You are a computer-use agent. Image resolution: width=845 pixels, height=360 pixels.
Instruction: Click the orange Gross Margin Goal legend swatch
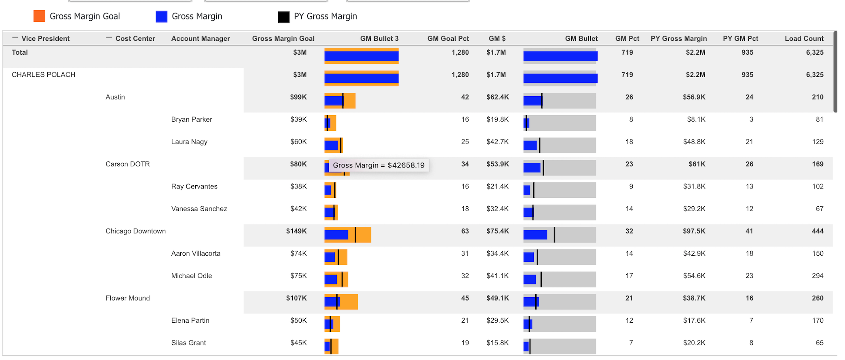coord(39,16)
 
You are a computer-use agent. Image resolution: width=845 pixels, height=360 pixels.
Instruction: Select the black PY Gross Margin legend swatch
coord(283,17)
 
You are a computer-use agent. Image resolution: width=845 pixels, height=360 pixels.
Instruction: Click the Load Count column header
coord(804,38)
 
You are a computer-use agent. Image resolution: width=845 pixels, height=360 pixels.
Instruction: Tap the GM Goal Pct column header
coord(448,38)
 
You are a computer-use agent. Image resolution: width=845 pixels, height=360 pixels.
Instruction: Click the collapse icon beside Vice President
coord(15,38)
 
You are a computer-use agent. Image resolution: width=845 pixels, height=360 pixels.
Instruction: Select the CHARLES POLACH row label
coord(43,75)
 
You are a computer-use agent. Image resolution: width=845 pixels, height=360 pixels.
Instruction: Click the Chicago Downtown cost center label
coord(135,231)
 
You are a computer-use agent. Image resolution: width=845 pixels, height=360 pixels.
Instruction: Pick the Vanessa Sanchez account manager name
coord(199,209)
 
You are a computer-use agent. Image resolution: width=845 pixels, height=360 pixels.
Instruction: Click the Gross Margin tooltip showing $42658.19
coord(378,165)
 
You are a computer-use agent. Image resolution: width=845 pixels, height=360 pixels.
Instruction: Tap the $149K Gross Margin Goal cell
coord(296,231)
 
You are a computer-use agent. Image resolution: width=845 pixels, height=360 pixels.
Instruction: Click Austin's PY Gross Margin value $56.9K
coord(694,97)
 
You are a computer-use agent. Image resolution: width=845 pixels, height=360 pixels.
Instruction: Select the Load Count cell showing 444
coord(817,231)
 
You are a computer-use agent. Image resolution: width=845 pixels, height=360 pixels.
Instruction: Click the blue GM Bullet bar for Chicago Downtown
coord(535,235)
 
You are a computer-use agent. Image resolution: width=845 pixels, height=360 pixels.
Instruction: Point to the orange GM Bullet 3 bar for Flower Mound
coord(349,302)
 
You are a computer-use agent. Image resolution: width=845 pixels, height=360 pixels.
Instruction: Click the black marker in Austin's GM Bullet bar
coord(542,101)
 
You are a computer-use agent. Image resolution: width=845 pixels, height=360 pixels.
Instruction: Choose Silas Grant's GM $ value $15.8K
coord(497,343)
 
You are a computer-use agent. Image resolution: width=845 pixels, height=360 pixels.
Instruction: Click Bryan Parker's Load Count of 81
coord(819,119)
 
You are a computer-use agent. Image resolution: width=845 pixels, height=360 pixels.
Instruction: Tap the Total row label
coord(20,53)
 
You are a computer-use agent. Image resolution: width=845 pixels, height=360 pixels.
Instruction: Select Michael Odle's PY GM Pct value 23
coord(749,276)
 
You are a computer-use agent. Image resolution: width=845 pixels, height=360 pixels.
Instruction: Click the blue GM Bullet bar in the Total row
coord(560,56)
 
